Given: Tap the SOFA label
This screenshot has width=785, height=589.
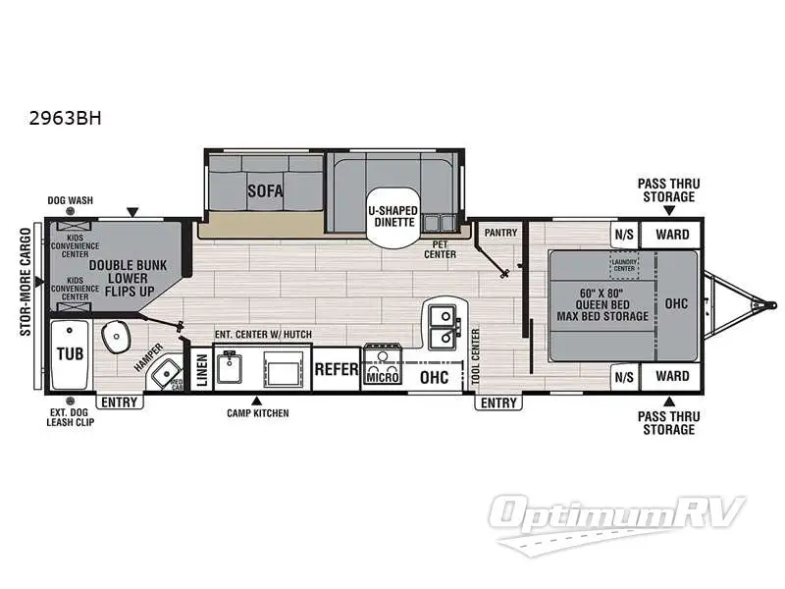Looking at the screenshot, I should pyautogui.click(x=265, y=190).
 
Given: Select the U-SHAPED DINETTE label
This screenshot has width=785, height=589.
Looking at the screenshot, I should pyautogui.click(x=392, y=217).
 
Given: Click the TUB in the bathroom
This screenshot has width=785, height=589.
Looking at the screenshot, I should pyautogui.click(x=68, y=353).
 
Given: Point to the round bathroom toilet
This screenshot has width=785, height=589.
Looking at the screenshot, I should pyautogui.click(x=119, y=337).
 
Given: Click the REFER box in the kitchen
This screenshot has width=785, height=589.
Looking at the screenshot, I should pyautogui.click(x=336, y=369).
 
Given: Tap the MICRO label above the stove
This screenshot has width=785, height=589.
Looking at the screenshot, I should pyautogui.click(x=382, y=376).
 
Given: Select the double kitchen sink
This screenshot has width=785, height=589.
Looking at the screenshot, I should pyautogui.click(x=444, y=327).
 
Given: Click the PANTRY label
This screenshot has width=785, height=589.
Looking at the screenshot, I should pyautogui.click(x=502, y=232).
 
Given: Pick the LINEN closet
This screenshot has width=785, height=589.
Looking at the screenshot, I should pyautogui.click(x=201, y=369).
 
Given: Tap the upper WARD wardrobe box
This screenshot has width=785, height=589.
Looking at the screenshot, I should pyautogui.click(x=672, y=235).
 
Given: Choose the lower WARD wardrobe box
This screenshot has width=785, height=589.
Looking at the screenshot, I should pyautogui.click(x=672, y=375).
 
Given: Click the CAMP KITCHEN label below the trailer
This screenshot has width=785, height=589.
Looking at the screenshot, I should pyautogui.click(x=258, y=413).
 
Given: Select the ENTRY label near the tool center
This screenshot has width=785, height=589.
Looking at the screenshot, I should pyautogui.click(x=497, y=402).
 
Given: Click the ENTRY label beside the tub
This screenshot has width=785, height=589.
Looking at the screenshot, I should pyautogui.click(x=120, y=402).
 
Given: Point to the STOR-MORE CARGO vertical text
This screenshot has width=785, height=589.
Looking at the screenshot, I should pyautogui.click(x=26, y=282).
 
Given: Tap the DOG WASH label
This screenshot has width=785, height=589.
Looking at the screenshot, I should pyautogui.click(x=70, y=200).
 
